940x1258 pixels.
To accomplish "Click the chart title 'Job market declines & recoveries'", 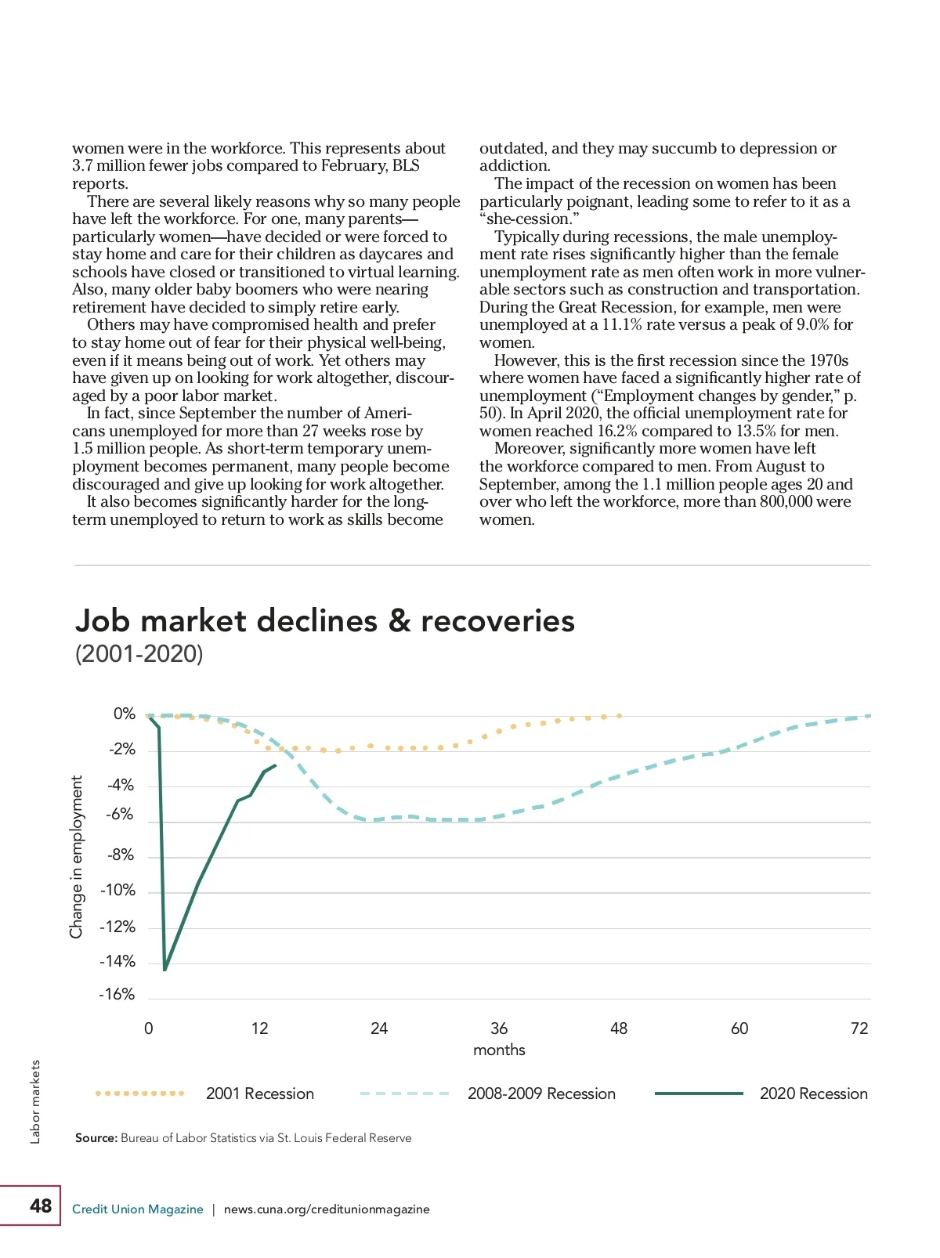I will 324,621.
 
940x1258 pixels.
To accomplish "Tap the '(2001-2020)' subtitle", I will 139,654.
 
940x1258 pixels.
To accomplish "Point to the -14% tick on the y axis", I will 117,962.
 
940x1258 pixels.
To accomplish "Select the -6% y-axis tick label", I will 120,815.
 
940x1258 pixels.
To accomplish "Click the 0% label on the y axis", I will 125,714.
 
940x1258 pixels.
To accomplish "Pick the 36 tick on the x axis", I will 499,1028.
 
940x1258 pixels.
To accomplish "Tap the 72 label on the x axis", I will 859,1028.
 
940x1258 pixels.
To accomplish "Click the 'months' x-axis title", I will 499,1050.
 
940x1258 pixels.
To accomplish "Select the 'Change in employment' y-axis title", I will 76,857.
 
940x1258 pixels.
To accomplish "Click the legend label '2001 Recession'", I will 260,1094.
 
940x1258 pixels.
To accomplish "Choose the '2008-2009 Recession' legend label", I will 541,1094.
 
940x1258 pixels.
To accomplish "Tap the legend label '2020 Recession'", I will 813,1094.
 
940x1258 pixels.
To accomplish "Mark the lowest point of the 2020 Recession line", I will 165,970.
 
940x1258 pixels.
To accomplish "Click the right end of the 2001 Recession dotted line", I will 620,716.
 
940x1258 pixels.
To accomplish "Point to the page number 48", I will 41,1206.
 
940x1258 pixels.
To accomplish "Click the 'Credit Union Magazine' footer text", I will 138,1209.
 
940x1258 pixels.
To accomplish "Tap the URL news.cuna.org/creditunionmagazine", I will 327,1209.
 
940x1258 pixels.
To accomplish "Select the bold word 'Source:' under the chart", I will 96,1138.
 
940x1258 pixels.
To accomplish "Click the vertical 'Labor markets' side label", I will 35,1102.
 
